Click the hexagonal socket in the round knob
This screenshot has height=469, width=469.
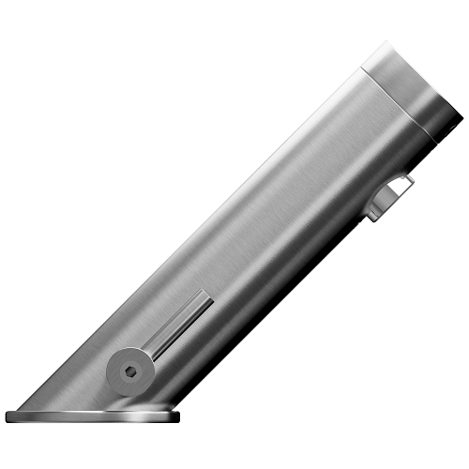click(x=129, y=370)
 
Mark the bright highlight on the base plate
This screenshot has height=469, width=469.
click(x=141, y=414)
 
